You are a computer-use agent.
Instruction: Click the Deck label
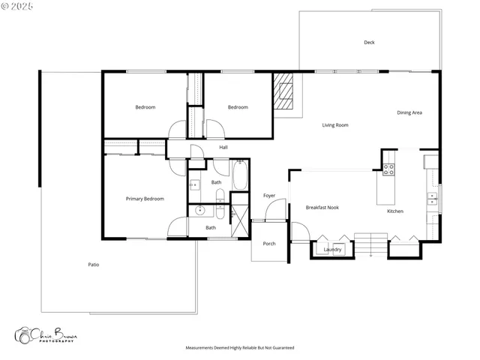(369, 43)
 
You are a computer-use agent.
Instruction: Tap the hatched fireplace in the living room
(283, 91)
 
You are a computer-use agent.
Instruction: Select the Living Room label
(335, 125)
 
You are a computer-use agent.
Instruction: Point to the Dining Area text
(409, 113)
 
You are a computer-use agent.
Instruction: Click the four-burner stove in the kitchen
(388, 169)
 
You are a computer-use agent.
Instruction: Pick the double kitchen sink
(433, 199)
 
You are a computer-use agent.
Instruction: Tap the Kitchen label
(395, 211)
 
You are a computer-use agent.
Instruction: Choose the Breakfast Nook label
(322, 207)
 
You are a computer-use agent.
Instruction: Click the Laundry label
(333, 249)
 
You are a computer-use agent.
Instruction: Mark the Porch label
(268, 244)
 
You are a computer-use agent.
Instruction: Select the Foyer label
(269, 196)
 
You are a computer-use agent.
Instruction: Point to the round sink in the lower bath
(200, 211)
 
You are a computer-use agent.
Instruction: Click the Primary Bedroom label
(145, 199)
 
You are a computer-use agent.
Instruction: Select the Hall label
(223, 148)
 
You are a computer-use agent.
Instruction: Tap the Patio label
(94, 265)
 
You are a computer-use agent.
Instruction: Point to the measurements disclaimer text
(240, 348)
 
